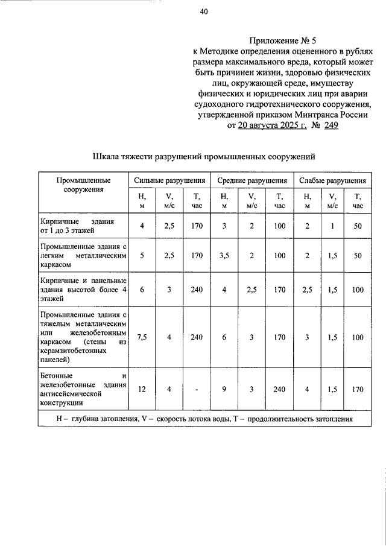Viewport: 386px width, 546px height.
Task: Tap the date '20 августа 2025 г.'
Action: pyautogui.click(x=273, y=125)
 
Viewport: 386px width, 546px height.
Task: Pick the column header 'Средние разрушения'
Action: pyautogui.click(x=252, y=180)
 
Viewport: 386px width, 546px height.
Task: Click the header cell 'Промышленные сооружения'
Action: pyautogui.click(x=83, y=185)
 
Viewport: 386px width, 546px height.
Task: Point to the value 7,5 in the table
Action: pyautogui.click(x=142, y=337)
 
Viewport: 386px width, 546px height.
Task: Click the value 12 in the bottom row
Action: pyautogui.click(x=142, y=389)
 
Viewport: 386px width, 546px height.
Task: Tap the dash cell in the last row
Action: pyautogui.click(x=197, y=389)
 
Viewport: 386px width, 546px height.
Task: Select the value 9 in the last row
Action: pyautogui.click(x=224, y=389)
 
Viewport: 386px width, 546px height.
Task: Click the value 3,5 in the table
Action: pyautogui.click(x=224, y=255)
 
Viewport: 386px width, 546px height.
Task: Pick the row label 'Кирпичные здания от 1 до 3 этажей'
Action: pyautogui.click(x=83, y=226)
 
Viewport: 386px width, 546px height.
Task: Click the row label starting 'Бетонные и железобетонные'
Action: pyautogui.click(x=83, y=389)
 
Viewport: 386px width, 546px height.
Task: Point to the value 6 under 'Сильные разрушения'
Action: pyautogui.click(x=142, y=289)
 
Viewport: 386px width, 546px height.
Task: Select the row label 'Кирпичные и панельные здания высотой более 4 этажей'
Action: pyautogui.click(x=83, y=289)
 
